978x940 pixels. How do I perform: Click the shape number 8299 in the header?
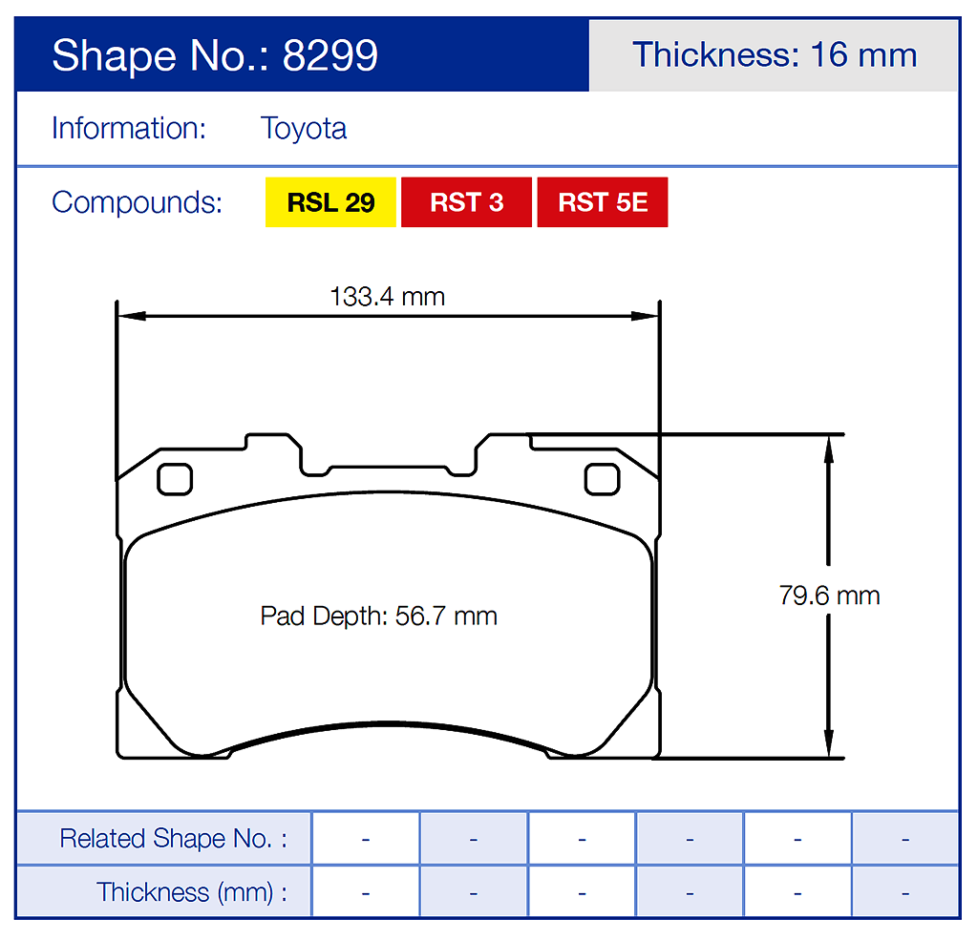tap(330, 55)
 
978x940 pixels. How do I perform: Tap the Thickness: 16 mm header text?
tap(775, 54)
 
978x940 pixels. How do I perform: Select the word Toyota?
tap(304, 129)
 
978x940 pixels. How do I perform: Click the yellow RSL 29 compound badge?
tap(330, 202)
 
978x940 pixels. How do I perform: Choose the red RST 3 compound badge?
tap(466, 202)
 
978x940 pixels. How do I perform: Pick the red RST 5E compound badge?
tap(603, 202)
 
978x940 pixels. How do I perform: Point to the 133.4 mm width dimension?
tap(388, 297)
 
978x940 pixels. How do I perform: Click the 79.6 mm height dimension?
tap(829, 596)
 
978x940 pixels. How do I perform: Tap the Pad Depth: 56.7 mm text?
tap(379, 616)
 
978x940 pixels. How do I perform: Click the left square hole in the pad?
tap(175, 478)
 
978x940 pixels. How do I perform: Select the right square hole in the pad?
tap(602, 478)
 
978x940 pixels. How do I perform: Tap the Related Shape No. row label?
tap(173, 839)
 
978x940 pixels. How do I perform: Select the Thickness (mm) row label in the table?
tap(191, 892)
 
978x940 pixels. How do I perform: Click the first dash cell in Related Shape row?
tap(366, 839)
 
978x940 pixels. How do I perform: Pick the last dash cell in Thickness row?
tap(904, 892)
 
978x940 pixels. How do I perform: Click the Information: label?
tap(129, 129)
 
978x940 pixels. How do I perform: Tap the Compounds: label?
tap(137, 202)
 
